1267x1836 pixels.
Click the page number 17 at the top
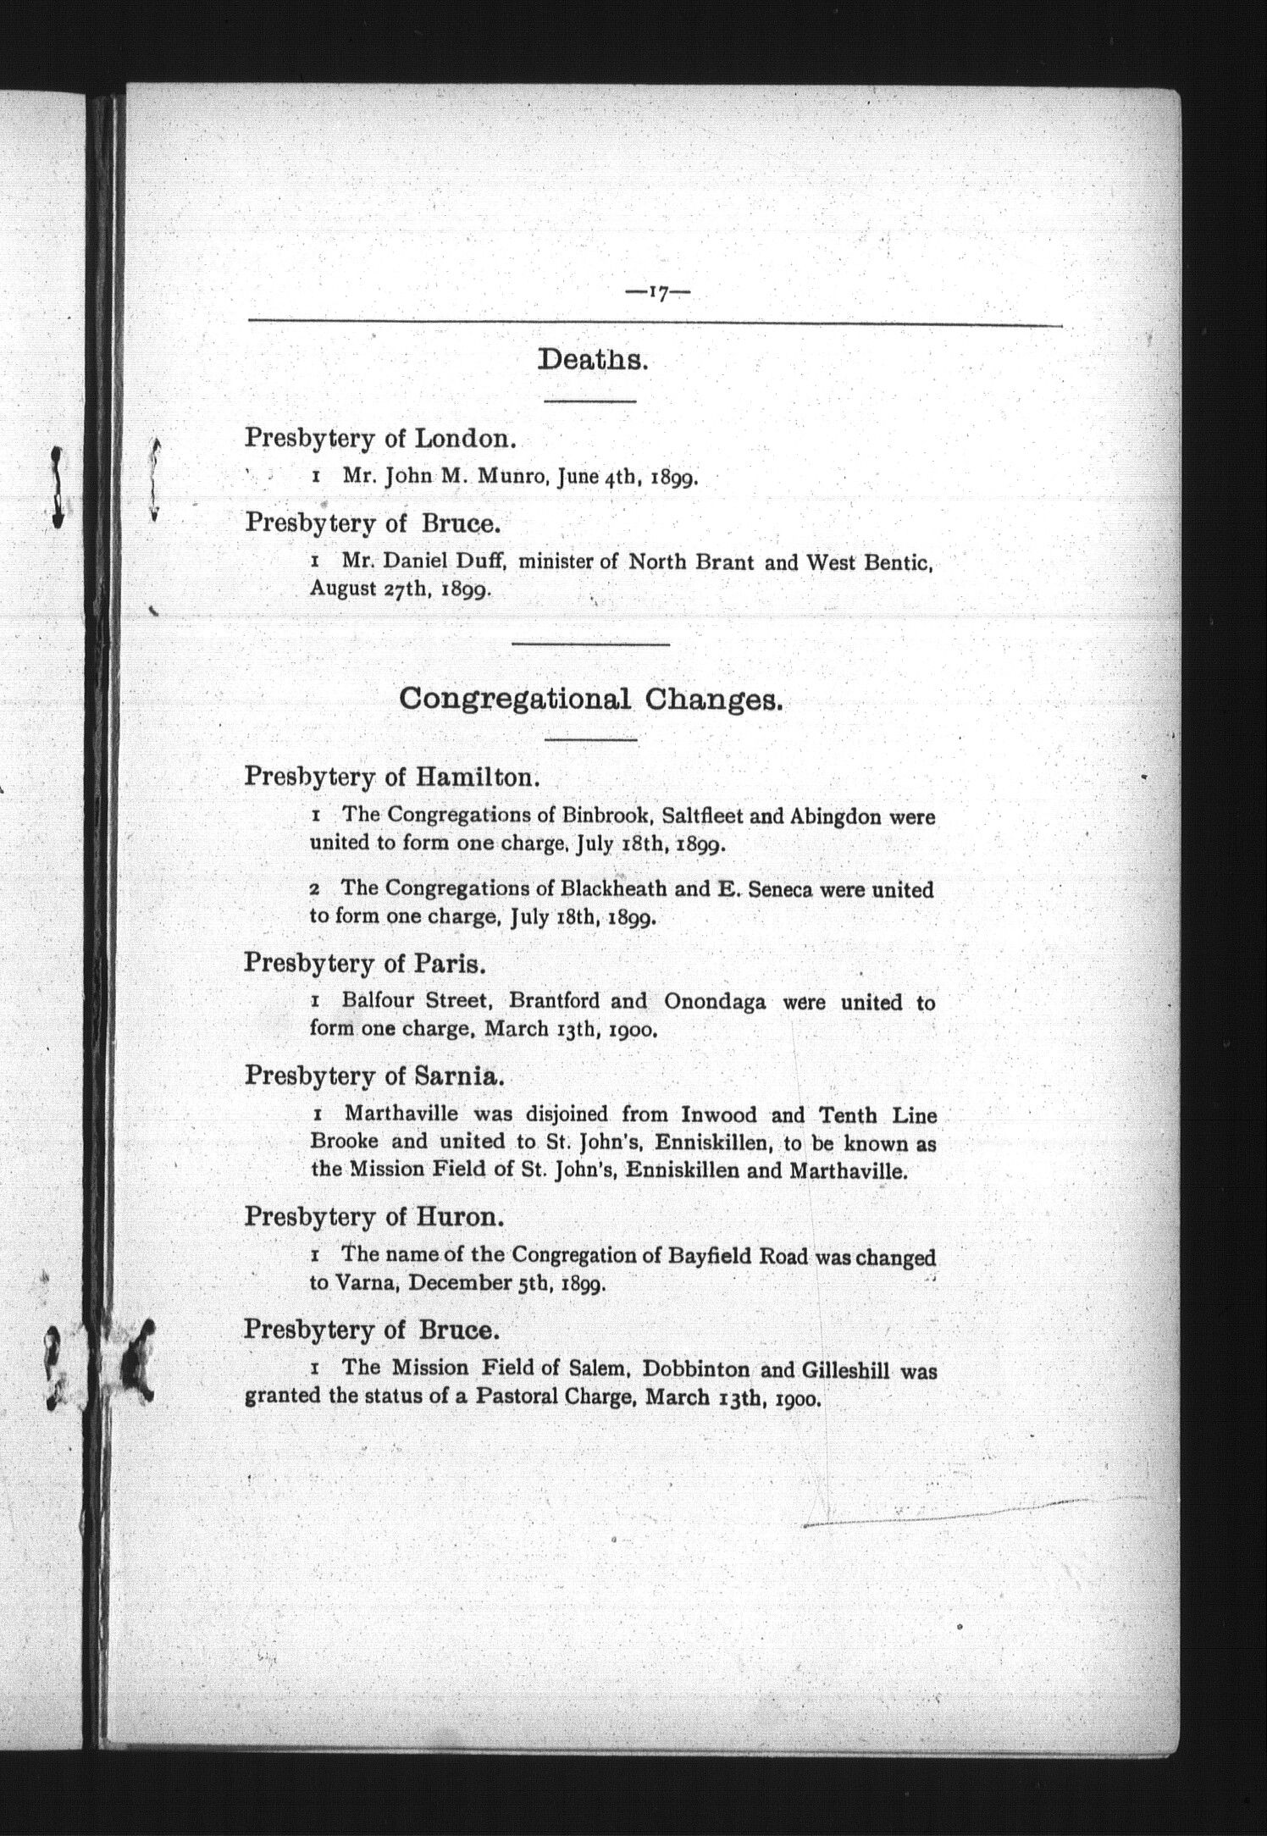point(657,293)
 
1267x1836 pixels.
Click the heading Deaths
point(593,360)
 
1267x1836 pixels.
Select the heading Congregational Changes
point(590,700)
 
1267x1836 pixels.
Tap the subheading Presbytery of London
point(379,438)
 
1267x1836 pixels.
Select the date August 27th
point(366,589)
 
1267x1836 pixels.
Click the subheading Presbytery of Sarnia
point(374,1076)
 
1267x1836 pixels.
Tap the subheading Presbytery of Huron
point(373,1217)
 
